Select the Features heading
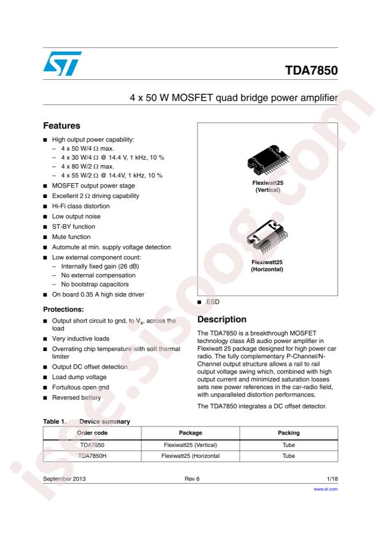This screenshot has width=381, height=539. pyautogui.click(x=63, y=124)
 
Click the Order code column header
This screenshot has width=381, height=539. pyautogui.click(x=92, y=433)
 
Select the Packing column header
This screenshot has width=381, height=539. pyautogui.click(x=288, y=433)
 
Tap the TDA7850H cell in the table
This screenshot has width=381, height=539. pyautogui.click(x=92, y=456)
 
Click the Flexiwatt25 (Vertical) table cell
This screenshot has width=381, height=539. pyautogui.click(x=190, y=444)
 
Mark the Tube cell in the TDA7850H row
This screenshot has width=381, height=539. pyautogui.click(x=288, y=456)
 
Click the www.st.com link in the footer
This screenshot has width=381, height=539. pyautogui.click(x=326, y=490)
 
